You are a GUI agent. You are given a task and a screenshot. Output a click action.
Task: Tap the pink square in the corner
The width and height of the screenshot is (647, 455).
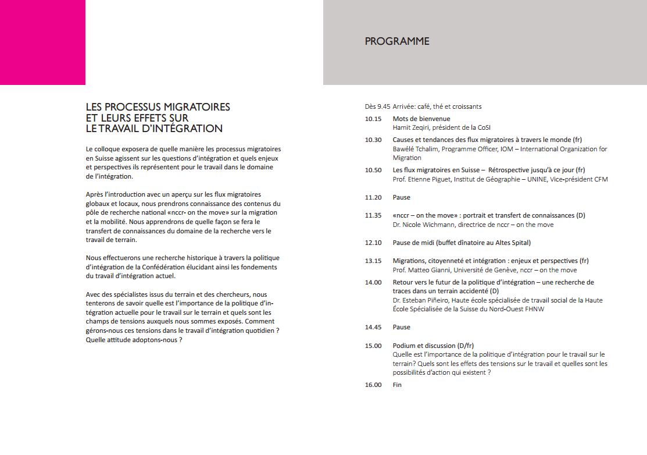pyautogui.click(x=42, y=42)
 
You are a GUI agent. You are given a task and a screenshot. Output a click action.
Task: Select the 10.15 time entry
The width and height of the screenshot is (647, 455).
pyautogui.click(x=373, y=119)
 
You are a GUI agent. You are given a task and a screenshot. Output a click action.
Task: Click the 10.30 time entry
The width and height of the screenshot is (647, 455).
pyautogui.click(x=373, y=140)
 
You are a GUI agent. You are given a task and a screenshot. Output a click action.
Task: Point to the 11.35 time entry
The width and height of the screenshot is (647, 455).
pyautogui.click(x=373, y=215)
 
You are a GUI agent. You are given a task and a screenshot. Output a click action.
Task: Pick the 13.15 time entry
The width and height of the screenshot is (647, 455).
pyautogui.click(x=373, y=261)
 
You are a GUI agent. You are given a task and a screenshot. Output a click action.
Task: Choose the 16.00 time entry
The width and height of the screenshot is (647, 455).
pyautogui.click(x=373, y=385)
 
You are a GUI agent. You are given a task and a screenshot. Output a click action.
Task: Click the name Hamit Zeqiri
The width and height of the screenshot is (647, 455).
pyautogui.click(x=410, y=127)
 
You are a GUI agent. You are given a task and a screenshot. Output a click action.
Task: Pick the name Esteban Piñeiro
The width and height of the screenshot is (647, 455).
pyautogui.click(x=428, y=300)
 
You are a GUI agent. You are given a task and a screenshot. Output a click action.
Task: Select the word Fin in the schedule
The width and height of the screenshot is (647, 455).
pyautogui.click(x=397, y=385)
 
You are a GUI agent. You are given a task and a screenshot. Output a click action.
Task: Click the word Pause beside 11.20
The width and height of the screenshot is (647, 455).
pyautogui.click(x=401, y=197)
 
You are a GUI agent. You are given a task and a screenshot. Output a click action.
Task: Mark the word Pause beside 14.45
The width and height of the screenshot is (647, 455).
pyautogui.click(x=401, y=328)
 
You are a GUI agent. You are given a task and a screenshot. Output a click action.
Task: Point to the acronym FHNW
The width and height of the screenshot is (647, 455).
pyautogui.click(x=533, y=309)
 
